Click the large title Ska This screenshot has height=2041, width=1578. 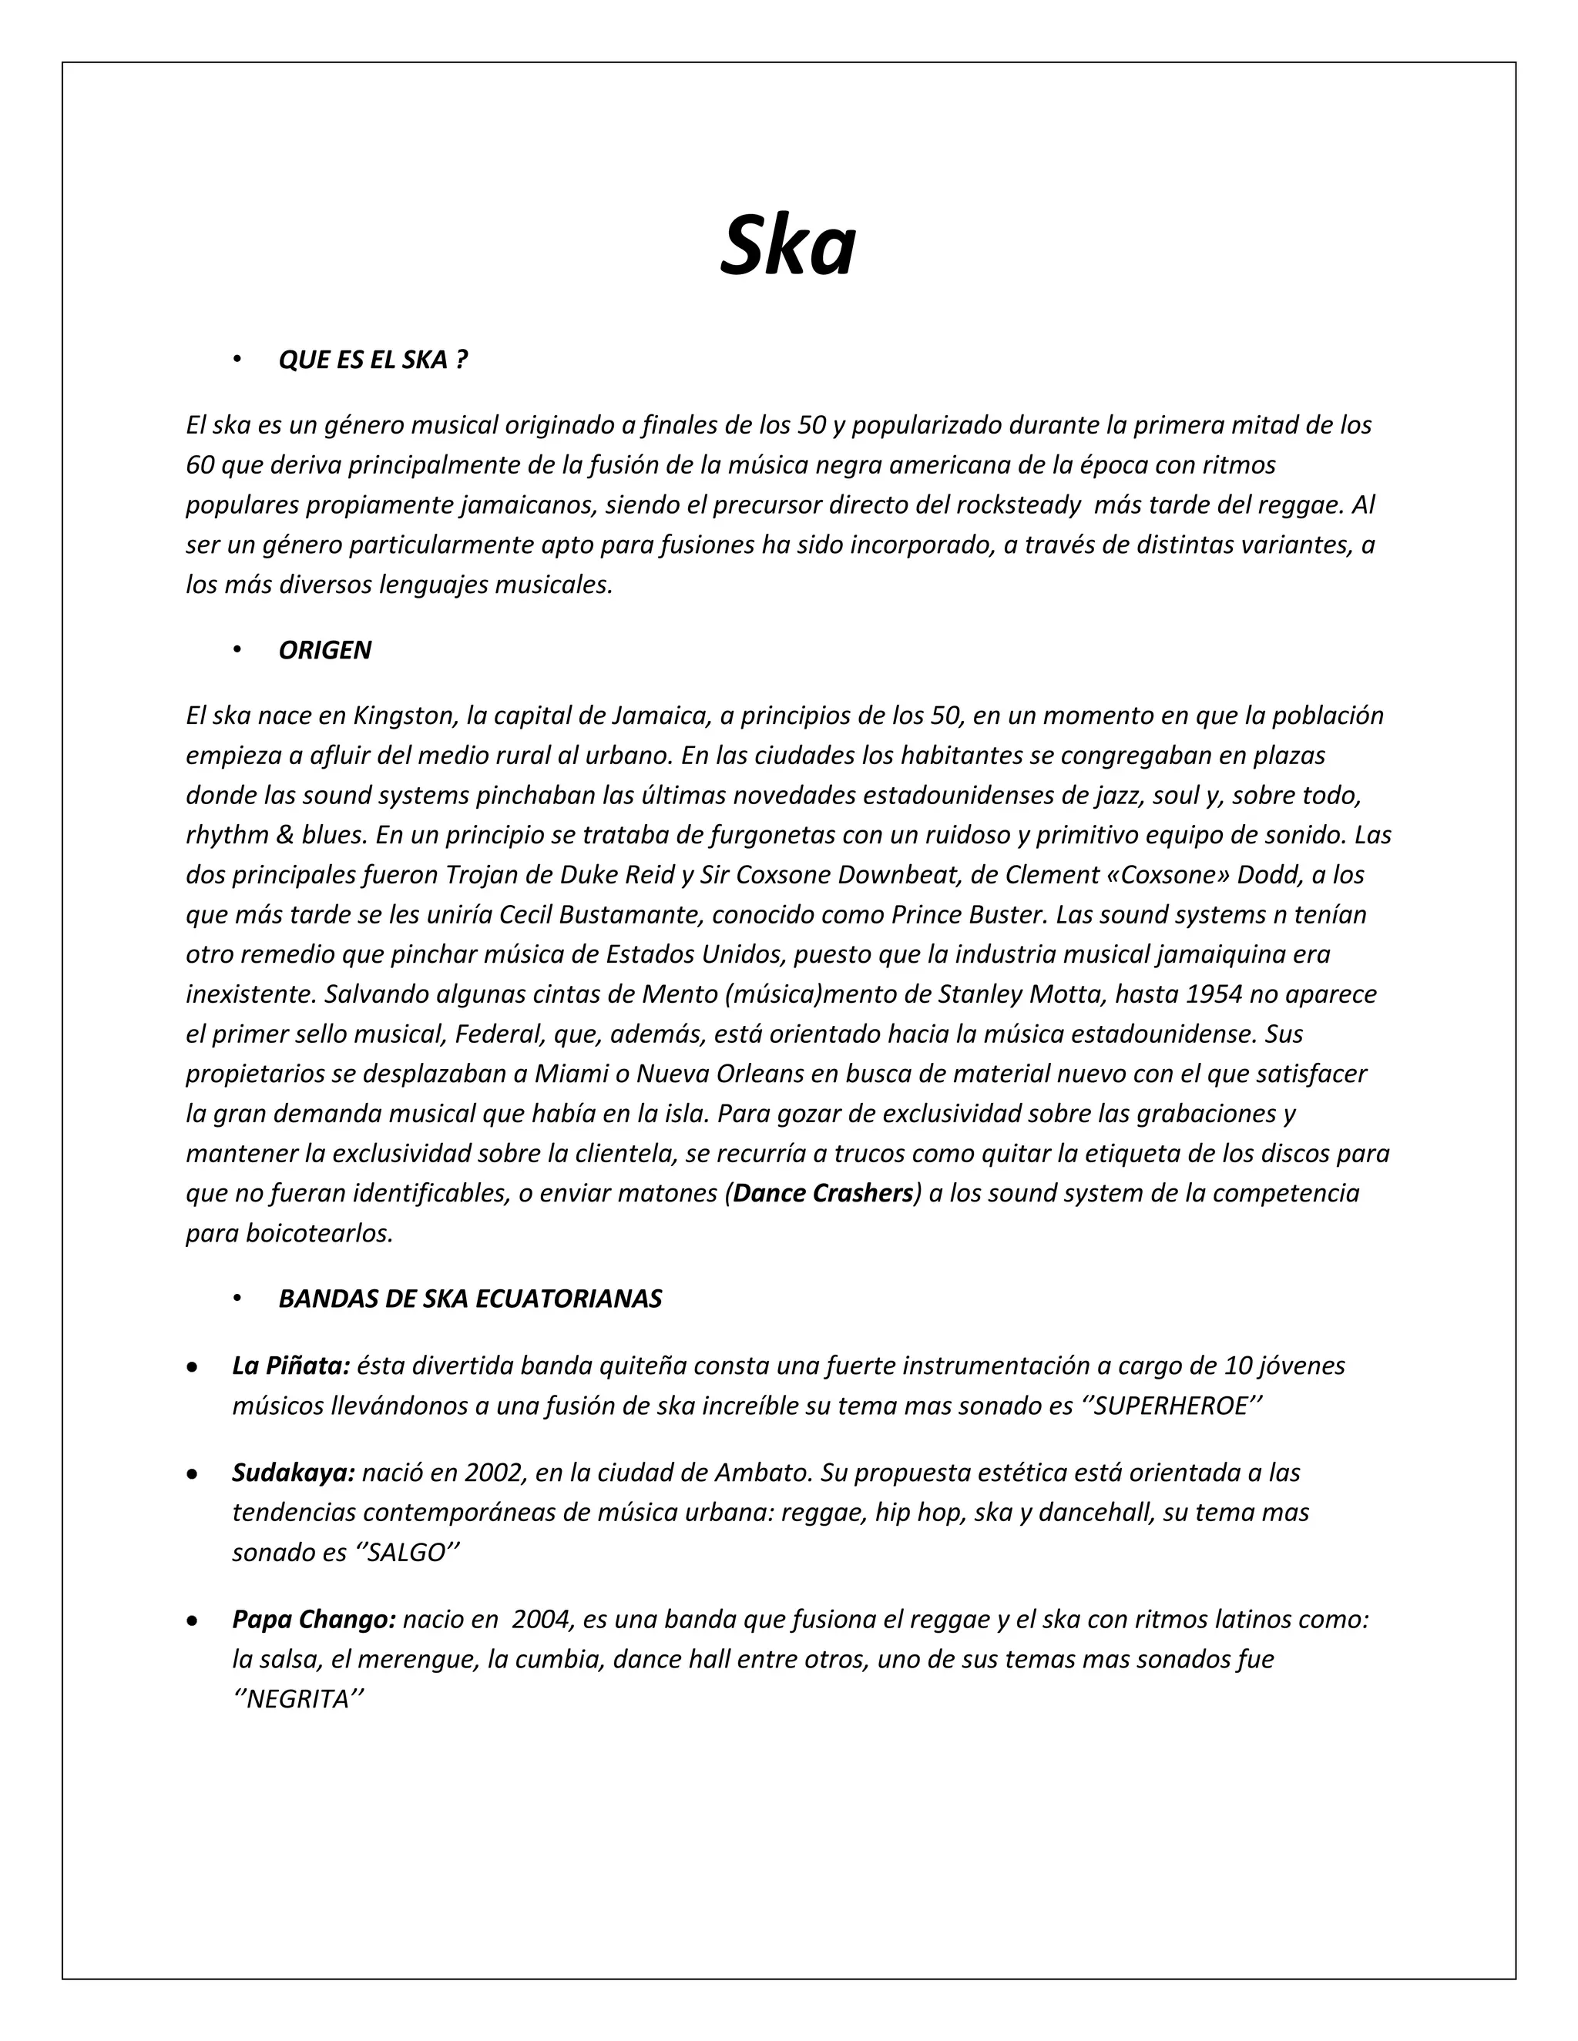(x=787, y=245)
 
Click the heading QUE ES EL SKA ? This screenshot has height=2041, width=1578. (x=372, y=360)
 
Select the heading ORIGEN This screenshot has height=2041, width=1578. (x=324, y=651)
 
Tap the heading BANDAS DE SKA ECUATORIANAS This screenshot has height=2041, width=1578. (x=470, y=1299)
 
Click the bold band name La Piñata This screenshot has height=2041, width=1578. (x=290, y=1366)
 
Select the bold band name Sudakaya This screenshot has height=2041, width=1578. (x=294, y=1473)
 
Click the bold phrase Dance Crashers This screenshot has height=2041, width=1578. (x=823, y=1193)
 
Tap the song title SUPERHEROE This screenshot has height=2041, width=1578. (x=1170, y=1406)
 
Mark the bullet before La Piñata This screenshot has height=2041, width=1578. (x=192, y=1367)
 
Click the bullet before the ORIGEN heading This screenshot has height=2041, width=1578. (x=238, y=651)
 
